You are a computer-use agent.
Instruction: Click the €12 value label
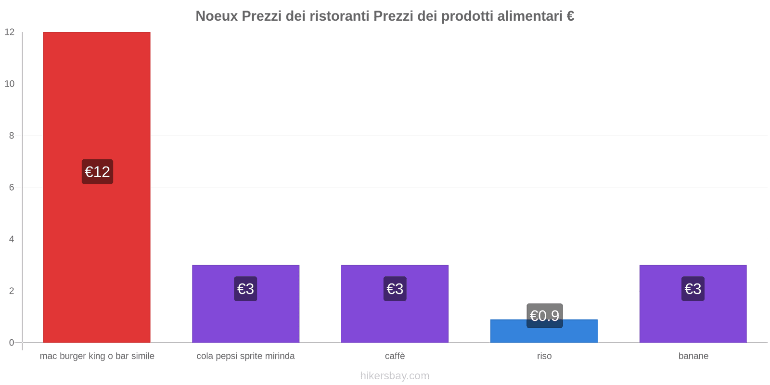coord(97,172)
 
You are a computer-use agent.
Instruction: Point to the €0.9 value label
coord(544,316)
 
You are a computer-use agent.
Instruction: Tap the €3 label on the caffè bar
coord(395,289)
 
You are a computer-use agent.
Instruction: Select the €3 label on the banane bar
coord(693,289)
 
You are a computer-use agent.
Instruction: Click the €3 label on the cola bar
coord(245,289)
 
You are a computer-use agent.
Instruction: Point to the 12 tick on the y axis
coord(10,32)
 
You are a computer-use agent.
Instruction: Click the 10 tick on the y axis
coord(10,84)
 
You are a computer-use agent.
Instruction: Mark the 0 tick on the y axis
coord(12,343)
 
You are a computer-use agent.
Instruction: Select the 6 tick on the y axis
coord(12,187)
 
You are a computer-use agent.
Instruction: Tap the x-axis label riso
coord(544,356)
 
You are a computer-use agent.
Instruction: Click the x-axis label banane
coord(693,356)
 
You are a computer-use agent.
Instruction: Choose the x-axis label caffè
coord(395,356)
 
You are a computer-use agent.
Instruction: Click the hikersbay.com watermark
coord(395,376)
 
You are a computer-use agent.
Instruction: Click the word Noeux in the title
coord(217,16)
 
